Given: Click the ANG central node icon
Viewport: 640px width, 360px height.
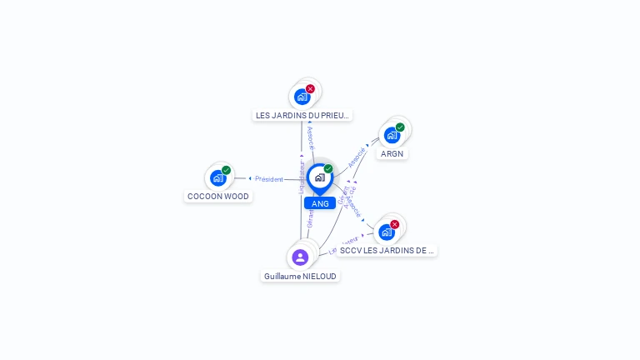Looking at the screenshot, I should coord(319,177).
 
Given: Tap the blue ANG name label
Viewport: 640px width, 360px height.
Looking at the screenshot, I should coord(320,203).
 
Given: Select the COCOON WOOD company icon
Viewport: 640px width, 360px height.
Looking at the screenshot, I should coord(218,177).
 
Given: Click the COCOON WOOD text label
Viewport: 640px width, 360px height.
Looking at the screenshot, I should coord(218,197).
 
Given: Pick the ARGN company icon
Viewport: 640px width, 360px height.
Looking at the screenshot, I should coord(392,135).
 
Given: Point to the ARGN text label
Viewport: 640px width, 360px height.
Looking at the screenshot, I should coord(392,153).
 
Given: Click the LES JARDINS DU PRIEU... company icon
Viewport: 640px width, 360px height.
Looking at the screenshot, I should coord(302,97).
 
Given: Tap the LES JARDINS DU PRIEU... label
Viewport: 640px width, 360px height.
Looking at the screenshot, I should coord(302,115).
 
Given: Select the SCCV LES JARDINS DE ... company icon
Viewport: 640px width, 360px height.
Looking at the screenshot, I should coord(387,232).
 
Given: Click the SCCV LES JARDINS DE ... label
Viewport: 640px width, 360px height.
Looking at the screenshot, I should coord(387,250).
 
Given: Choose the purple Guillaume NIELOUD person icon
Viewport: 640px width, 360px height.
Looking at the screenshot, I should coord(301,257).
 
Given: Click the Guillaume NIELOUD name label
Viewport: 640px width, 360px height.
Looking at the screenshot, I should coord(301,276).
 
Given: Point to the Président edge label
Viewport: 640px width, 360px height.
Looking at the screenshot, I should coord(269,178).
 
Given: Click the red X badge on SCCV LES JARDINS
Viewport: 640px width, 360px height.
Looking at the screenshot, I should coord(395,224).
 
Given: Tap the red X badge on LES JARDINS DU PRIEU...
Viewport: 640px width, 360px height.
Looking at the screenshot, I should coord(310,88).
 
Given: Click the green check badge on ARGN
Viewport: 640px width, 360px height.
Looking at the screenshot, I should coord(400,127).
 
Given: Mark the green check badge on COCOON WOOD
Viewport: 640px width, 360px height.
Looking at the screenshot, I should coord(226,170).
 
